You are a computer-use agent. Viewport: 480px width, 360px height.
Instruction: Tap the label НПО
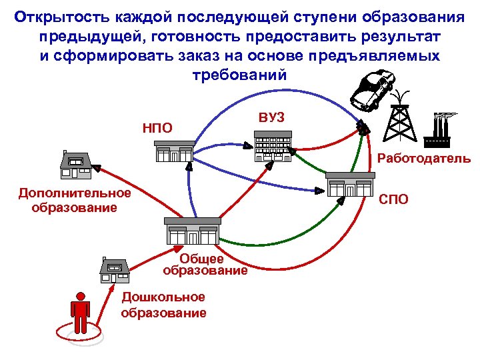click(x=157, y=127)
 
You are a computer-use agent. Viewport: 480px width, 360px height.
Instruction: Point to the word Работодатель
click(x=423, y=159)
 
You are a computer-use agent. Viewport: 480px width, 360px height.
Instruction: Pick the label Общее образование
click(x=205, y=265)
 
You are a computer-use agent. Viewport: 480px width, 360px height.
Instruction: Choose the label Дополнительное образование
click(x=75, y=199)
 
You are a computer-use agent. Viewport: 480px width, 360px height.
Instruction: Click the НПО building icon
click(x=174, y=151)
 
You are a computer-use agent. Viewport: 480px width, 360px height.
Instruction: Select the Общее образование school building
click(x=192, y=231)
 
